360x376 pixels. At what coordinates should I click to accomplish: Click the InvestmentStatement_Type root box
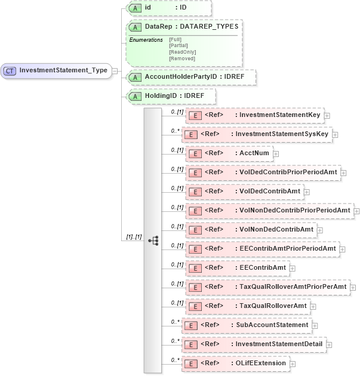(57, 70)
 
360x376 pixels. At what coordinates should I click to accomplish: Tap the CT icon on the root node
(10, 70)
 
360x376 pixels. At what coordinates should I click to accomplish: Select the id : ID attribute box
(169, 8)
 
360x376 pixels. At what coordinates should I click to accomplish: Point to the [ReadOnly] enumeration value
(182, 52)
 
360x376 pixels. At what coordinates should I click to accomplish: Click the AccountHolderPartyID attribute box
(191, 77)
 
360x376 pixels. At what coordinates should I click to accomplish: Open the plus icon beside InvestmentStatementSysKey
(335, 134)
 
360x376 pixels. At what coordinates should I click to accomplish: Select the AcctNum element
(230, 153)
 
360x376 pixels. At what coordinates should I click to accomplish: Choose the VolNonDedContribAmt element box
(251, 230)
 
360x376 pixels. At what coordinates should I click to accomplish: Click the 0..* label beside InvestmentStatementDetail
(175, 341)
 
